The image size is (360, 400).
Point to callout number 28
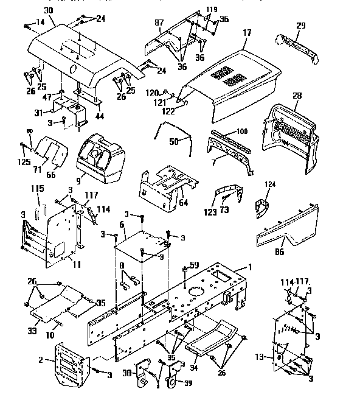297,96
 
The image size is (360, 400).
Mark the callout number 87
159,23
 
